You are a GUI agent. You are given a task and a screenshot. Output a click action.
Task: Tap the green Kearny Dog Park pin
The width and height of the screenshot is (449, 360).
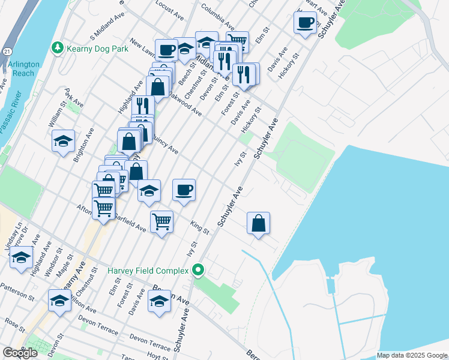pos(57,47)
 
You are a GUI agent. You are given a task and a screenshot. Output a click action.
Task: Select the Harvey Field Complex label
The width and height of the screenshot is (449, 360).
pos(148,271)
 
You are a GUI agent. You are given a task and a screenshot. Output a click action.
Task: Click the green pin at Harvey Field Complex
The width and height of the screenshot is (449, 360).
pos(198,271)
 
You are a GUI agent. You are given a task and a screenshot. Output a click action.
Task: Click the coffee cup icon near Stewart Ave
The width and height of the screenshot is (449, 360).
pos(305,23)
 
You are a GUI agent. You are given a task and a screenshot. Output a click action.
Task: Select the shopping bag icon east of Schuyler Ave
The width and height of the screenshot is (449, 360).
pos(258,223)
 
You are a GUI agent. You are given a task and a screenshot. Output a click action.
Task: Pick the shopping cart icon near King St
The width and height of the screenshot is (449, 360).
pos(161,222)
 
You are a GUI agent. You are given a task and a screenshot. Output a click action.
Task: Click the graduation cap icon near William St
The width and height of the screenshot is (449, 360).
pos(63,141)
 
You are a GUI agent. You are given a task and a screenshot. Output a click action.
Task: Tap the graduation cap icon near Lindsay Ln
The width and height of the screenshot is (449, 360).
pos(21,258)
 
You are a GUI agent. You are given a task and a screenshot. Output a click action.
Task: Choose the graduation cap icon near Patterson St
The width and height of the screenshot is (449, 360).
pos(59,302)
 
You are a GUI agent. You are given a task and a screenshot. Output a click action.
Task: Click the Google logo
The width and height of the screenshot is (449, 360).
pos(20,352)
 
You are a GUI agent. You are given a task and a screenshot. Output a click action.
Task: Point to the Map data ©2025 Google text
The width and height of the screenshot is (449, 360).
pos(411,355)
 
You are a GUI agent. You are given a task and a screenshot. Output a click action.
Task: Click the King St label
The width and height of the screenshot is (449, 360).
pos(199,227)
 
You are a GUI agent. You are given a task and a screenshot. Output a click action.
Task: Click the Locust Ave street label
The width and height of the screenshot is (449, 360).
pos(169,10)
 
